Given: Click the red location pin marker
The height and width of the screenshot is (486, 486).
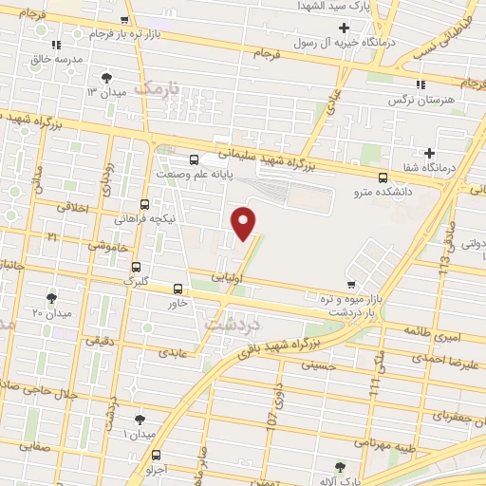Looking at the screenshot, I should coord(245,223).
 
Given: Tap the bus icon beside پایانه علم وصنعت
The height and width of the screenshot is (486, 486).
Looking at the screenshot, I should coord(195,159).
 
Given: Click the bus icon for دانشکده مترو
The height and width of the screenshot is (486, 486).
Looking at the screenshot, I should coord(383,178).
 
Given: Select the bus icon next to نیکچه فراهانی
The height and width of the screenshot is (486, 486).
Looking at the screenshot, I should coord(144,203).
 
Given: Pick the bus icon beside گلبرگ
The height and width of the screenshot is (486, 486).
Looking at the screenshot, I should coord(137,267).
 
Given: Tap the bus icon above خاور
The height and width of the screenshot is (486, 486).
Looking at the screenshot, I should coord(178,289).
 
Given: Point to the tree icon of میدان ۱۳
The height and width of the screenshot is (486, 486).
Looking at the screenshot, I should coord(106,77).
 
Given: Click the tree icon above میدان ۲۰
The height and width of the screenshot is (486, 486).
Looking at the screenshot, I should coord(51,297).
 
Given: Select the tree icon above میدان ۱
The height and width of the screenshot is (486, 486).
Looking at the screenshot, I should coord(140,419).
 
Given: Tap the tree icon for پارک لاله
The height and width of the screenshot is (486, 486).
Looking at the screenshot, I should coord(341,466).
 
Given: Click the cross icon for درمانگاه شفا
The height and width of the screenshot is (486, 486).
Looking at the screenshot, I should coord(430,153).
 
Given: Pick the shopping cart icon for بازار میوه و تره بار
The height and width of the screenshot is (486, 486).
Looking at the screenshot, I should coord(351,284).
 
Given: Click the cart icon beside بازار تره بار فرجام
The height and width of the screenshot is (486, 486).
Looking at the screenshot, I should coord(124,20).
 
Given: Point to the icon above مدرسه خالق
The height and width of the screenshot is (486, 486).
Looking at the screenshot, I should coord(57,44).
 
